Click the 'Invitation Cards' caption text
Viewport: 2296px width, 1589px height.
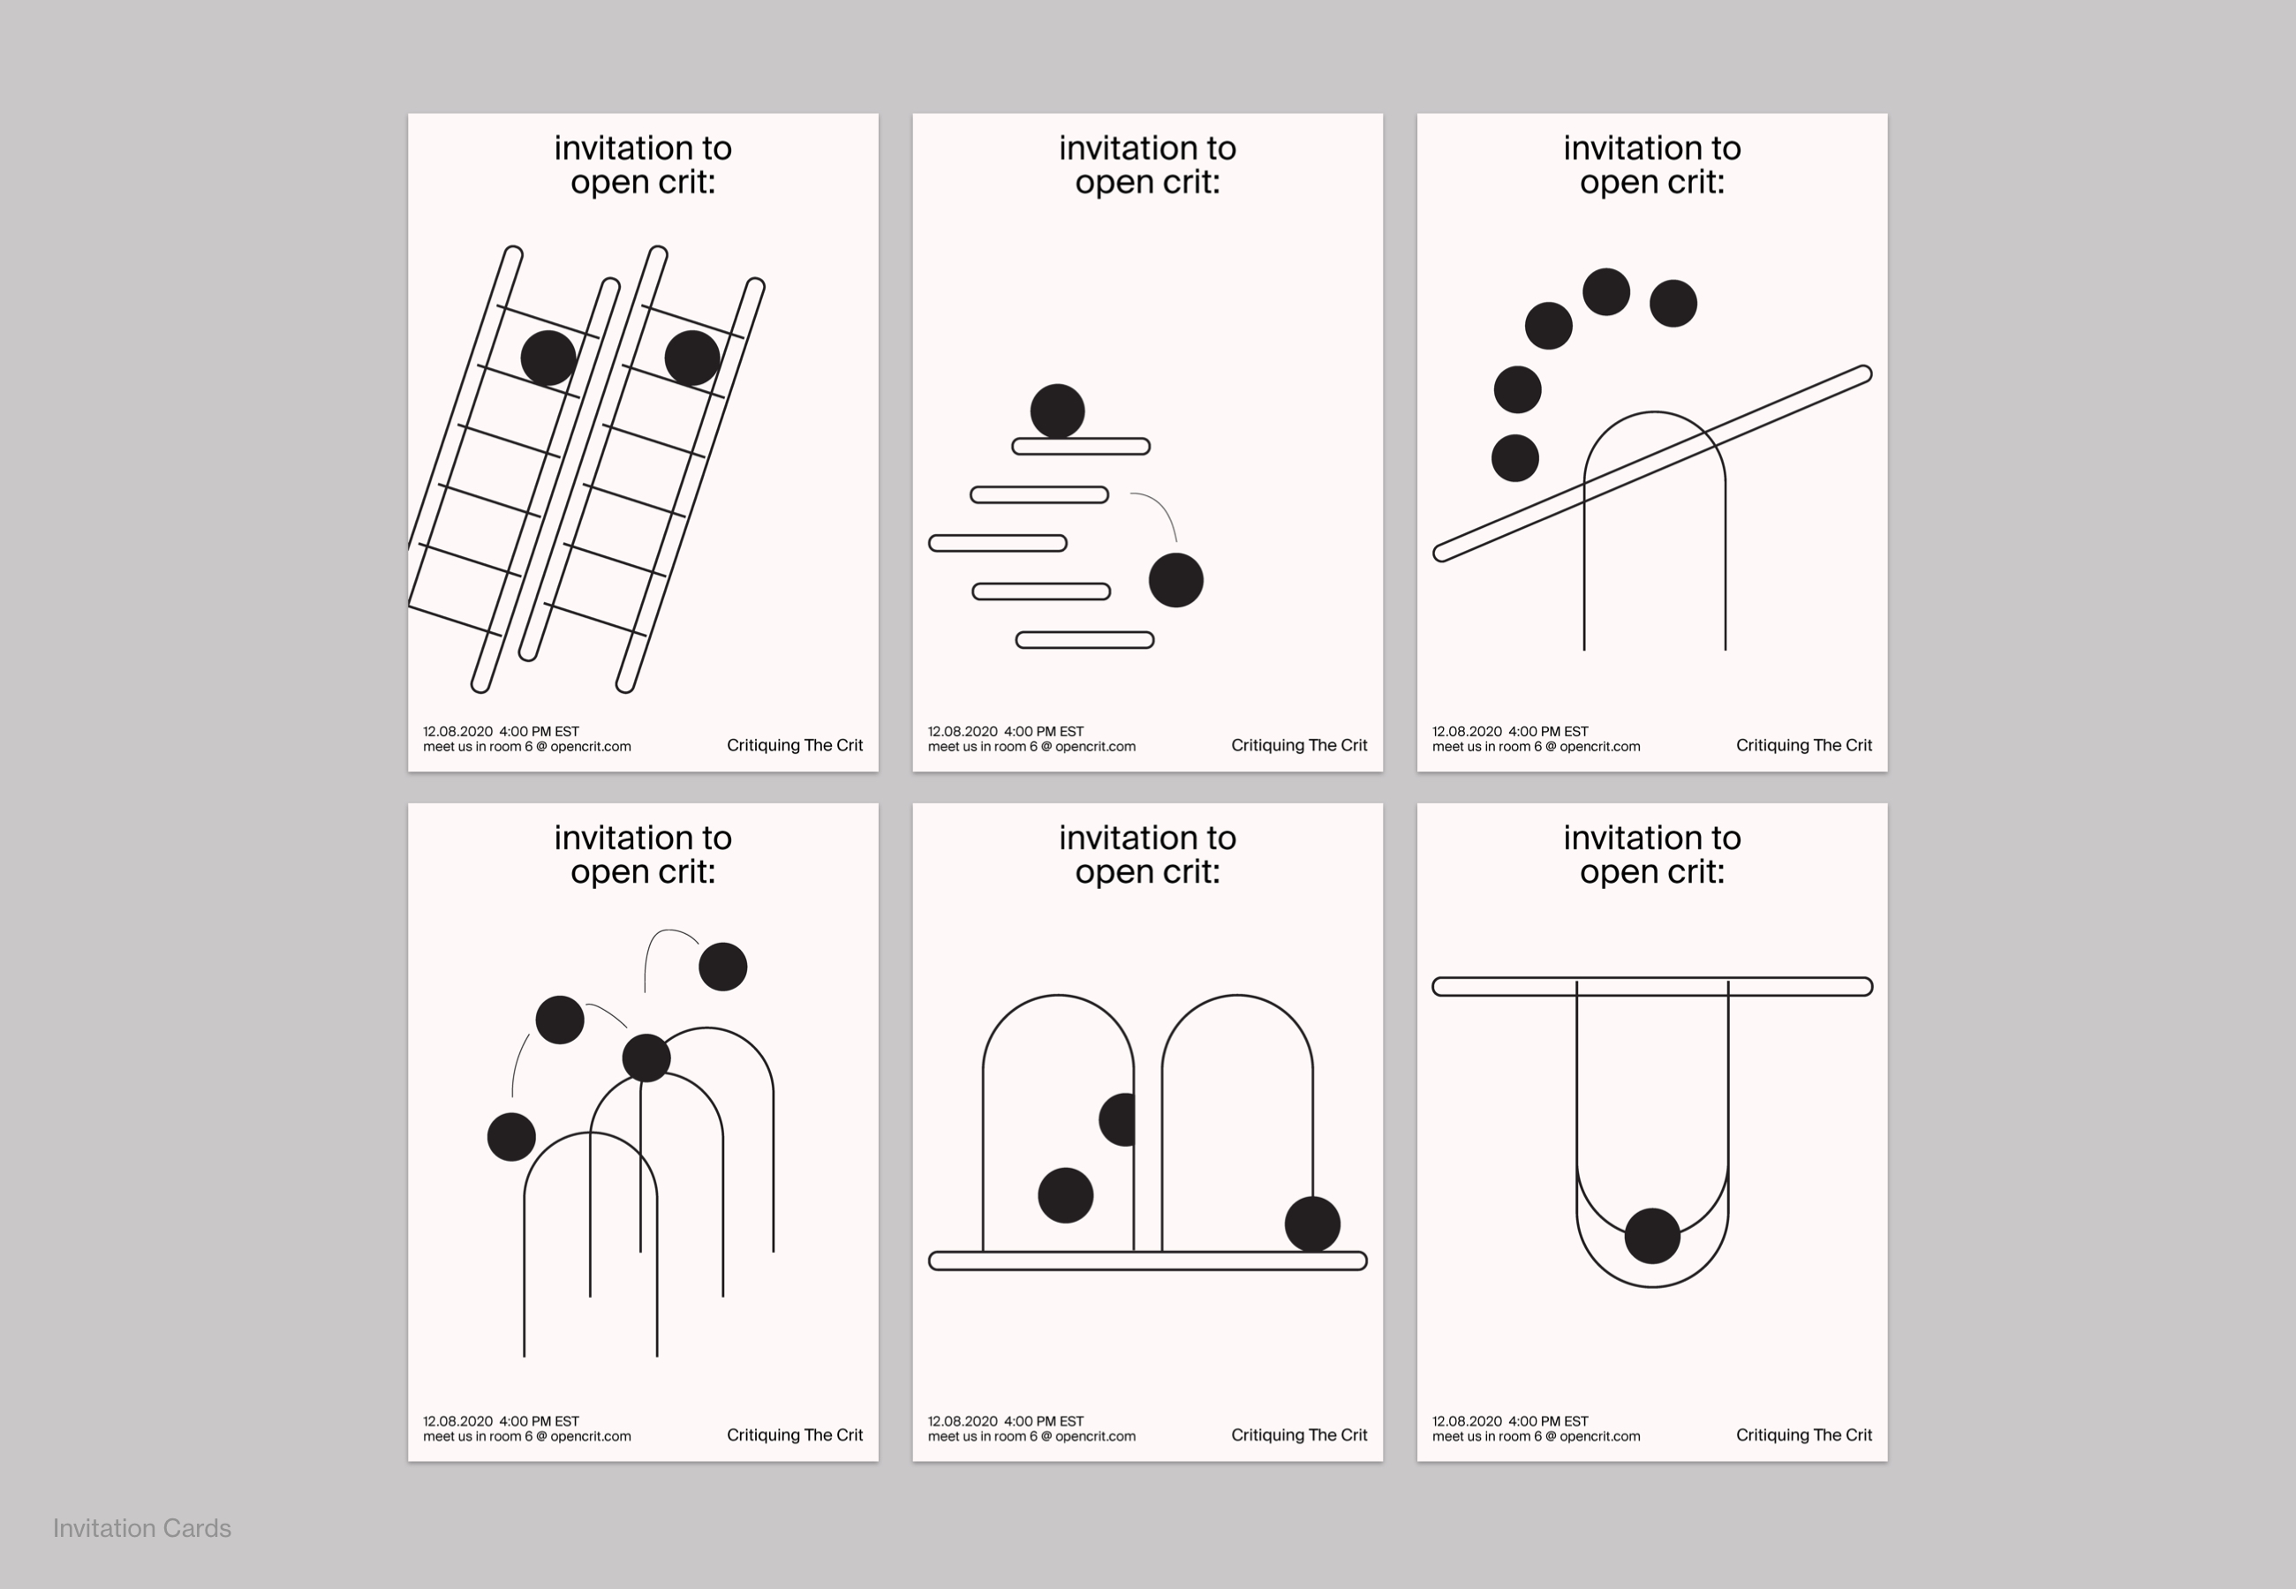141,1528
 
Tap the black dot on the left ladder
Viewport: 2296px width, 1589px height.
548,358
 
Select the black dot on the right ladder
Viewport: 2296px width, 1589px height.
692,358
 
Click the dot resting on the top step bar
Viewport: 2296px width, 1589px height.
1057,411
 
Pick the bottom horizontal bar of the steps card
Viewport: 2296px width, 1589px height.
1084,640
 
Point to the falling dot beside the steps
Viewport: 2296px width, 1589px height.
1176,581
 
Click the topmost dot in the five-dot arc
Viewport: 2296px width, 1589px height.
1606,291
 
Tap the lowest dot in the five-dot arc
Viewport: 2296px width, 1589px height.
1515,458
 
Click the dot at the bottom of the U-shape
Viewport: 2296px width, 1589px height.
1653,1237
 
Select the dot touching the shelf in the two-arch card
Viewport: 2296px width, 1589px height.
1312,1224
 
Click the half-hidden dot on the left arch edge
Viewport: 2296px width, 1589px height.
1117,1119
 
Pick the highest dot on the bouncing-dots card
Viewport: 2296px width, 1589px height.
723,967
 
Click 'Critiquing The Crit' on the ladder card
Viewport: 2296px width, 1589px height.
795,745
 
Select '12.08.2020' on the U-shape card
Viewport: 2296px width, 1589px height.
1467,1420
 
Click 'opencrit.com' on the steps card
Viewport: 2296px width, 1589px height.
1095,747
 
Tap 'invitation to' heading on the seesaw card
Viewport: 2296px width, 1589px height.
1652,147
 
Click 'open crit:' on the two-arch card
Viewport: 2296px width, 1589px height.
1147,871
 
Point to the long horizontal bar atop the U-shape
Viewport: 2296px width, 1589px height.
1653,987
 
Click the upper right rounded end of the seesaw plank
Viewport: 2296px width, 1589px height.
1864,374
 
